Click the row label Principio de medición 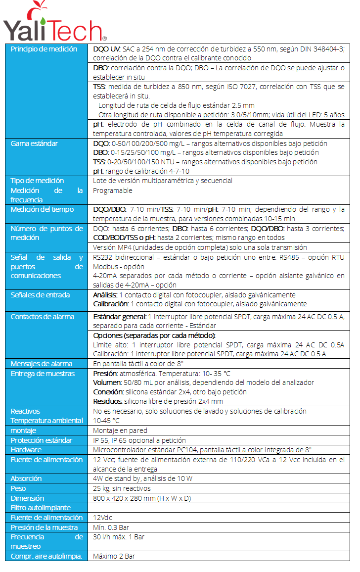[44, 49]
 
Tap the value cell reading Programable [113, 191]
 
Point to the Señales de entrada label [40, 295]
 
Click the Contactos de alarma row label [43, 317]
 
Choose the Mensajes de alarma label [42, 364]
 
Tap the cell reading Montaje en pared [120, 430]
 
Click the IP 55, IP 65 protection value [139, 440]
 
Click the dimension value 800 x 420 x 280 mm [142, 498]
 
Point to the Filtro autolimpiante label [41, 508]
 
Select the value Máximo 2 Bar [114, 556]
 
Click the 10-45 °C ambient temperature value [106, 421]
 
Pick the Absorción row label [26, 478]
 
